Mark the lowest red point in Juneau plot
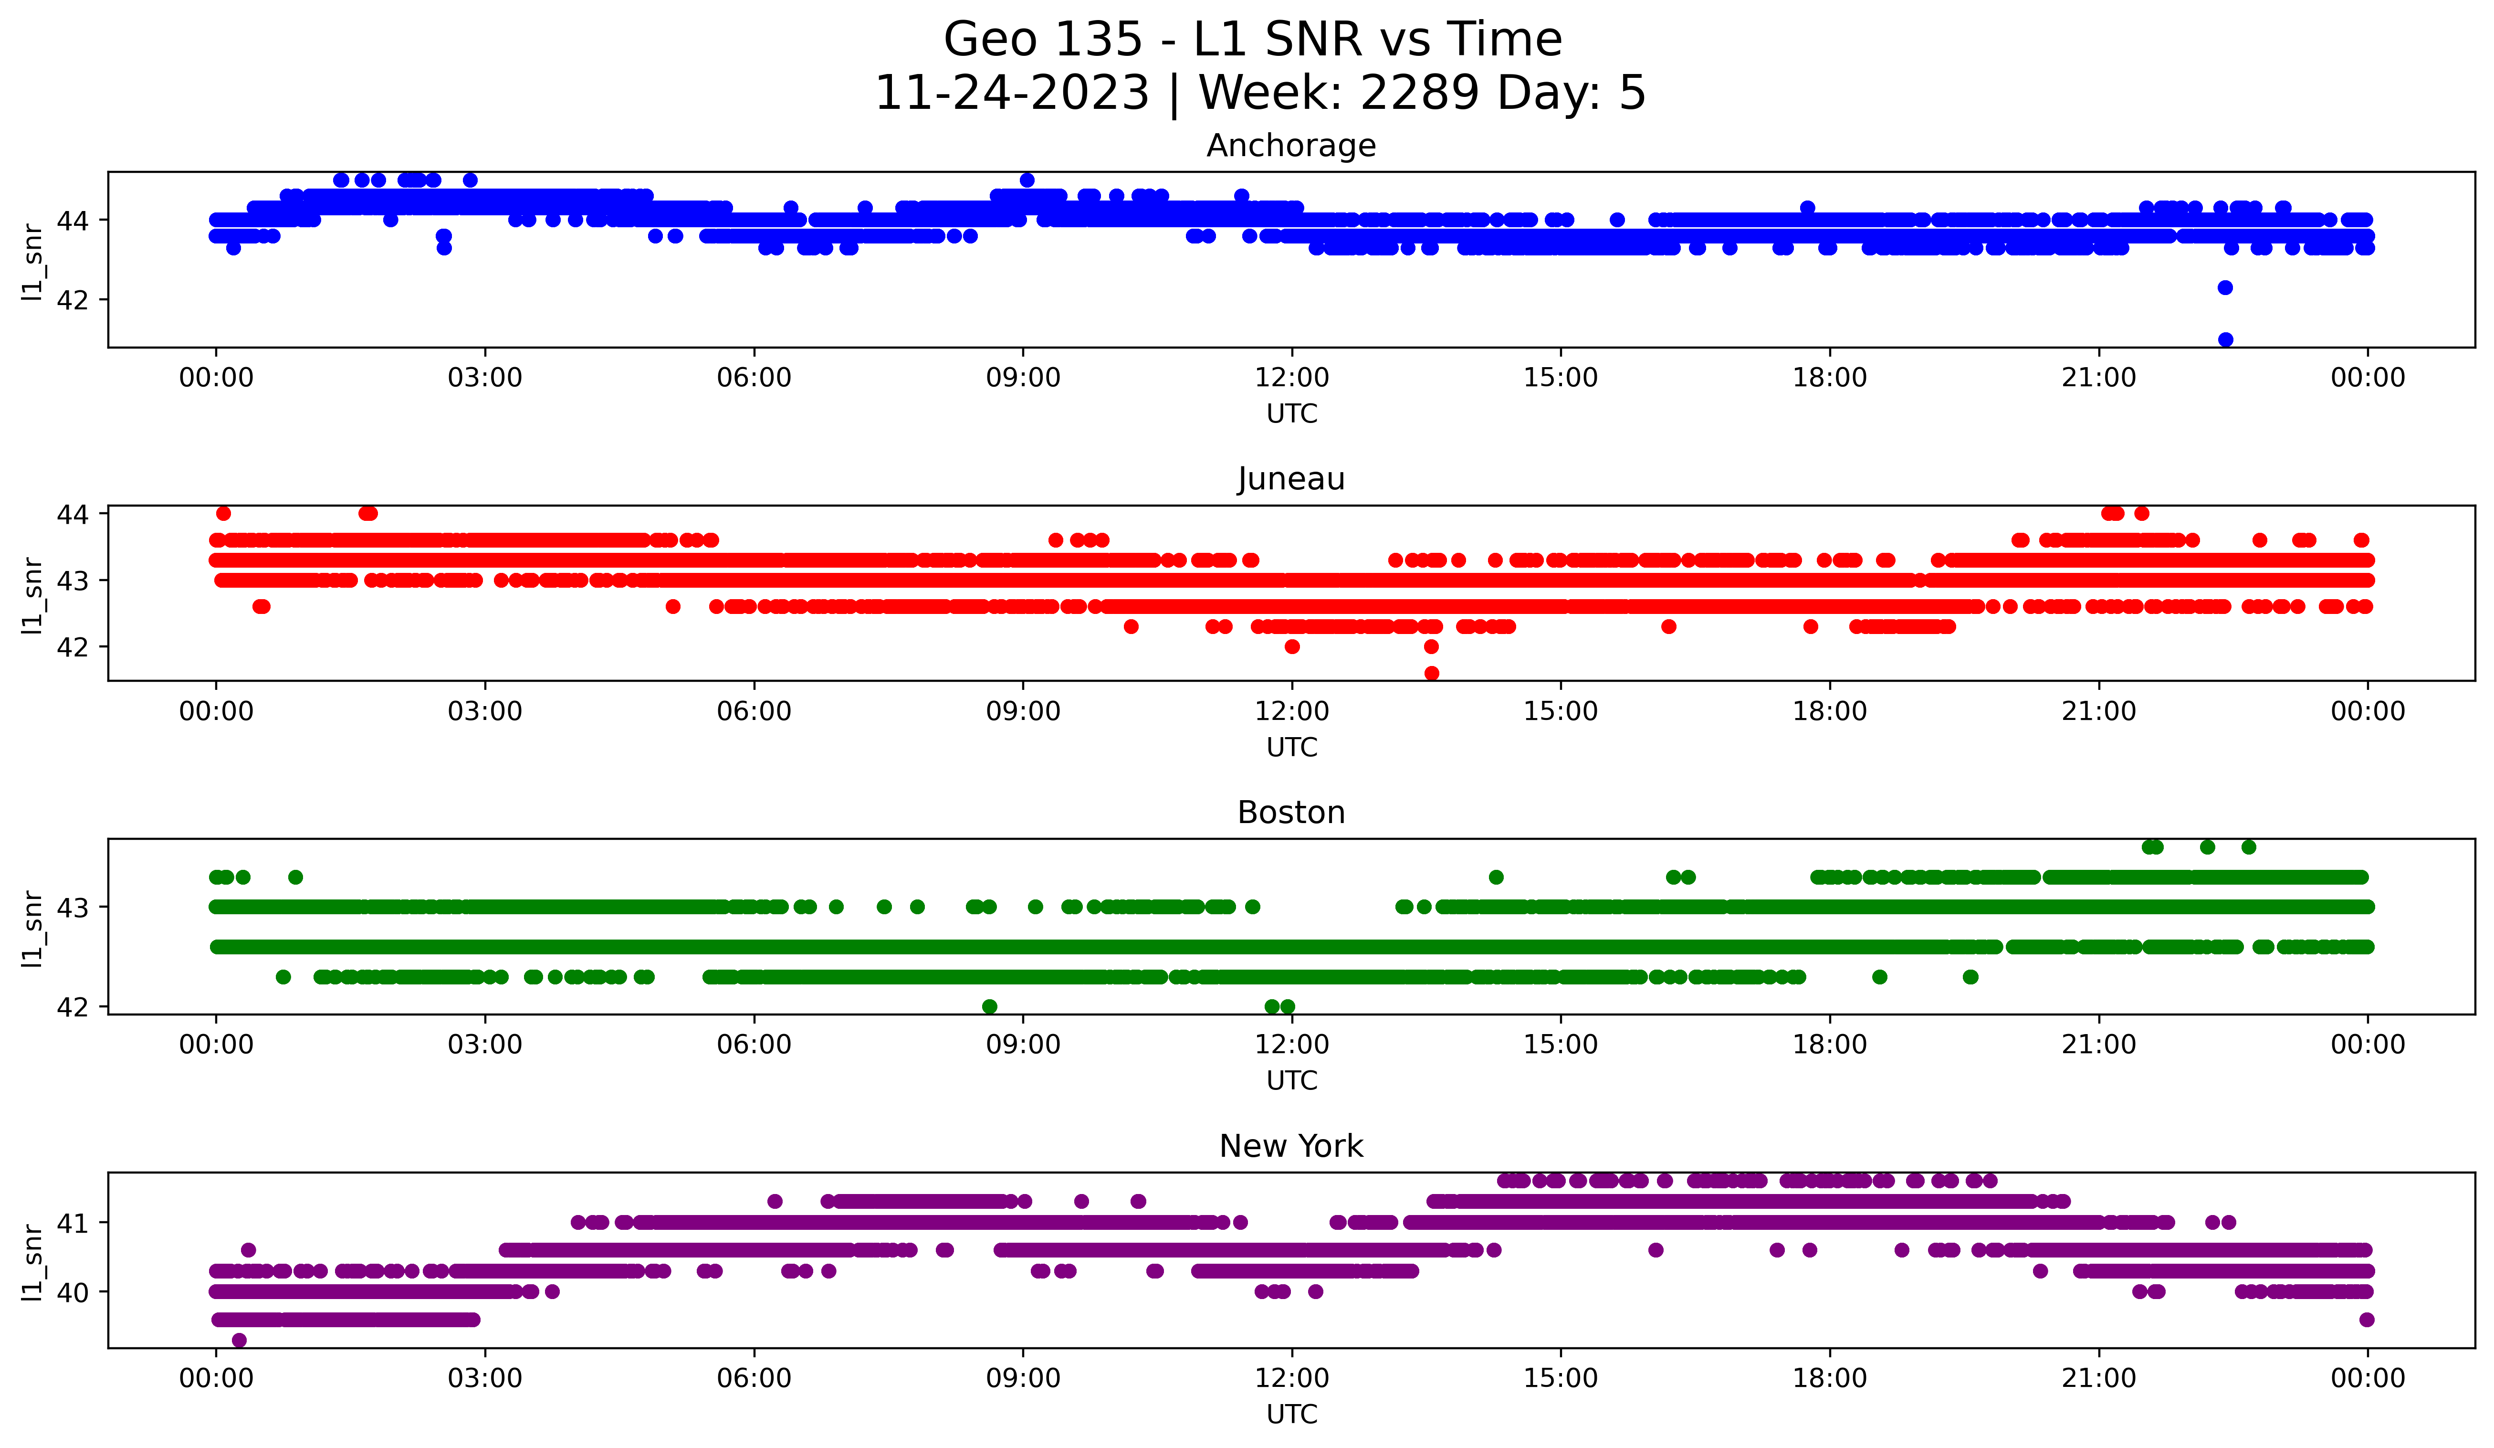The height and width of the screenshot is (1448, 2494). coord(1431,673)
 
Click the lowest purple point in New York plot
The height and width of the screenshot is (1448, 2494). coord(239,1340)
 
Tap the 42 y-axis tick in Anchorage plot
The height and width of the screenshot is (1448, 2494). coord(72,300)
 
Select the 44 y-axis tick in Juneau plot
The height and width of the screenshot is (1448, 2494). coord(72,514)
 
